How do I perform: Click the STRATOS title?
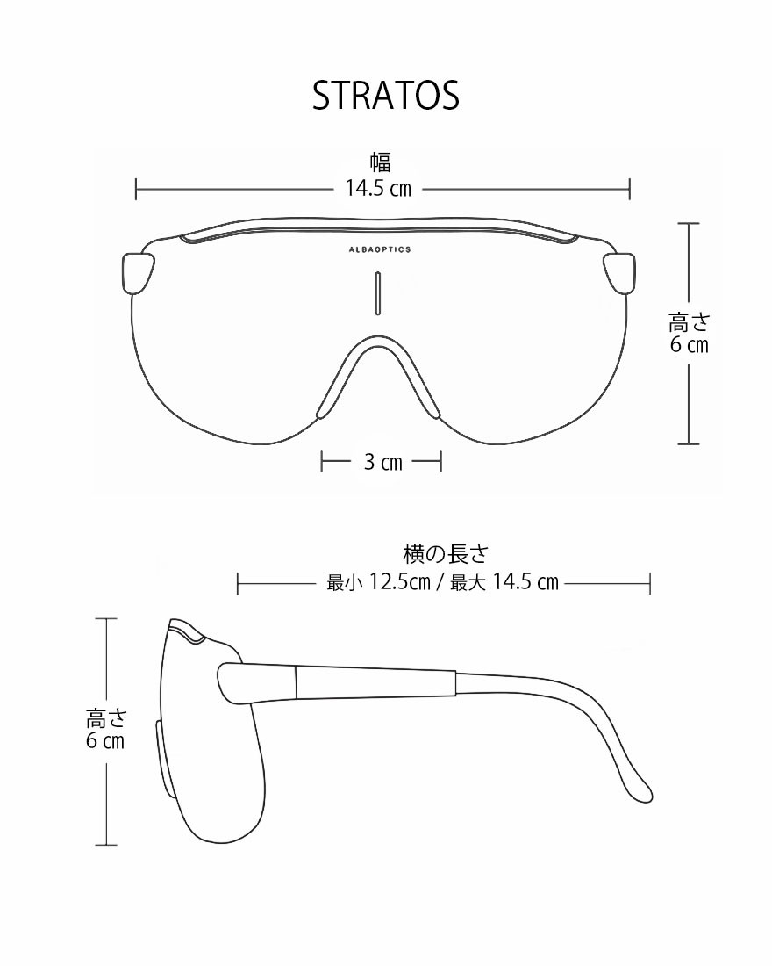tap(386, 96)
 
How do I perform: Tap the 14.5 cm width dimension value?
tap(378, 188)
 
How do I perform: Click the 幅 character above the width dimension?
tap(379, 162)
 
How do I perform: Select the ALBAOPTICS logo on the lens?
tap(379, 249)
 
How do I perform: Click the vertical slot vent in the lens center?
tap(378, 292)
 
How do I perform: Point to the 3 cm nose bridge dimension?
tap(382, 462)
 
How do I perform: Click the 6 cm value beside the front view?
tap(689, 345)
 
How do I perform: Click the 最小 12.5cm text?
tap(377, 582)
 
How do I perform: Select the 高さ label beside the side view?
tap(106, 718)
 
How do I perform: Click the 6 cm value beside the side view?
tap(105, 741)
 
